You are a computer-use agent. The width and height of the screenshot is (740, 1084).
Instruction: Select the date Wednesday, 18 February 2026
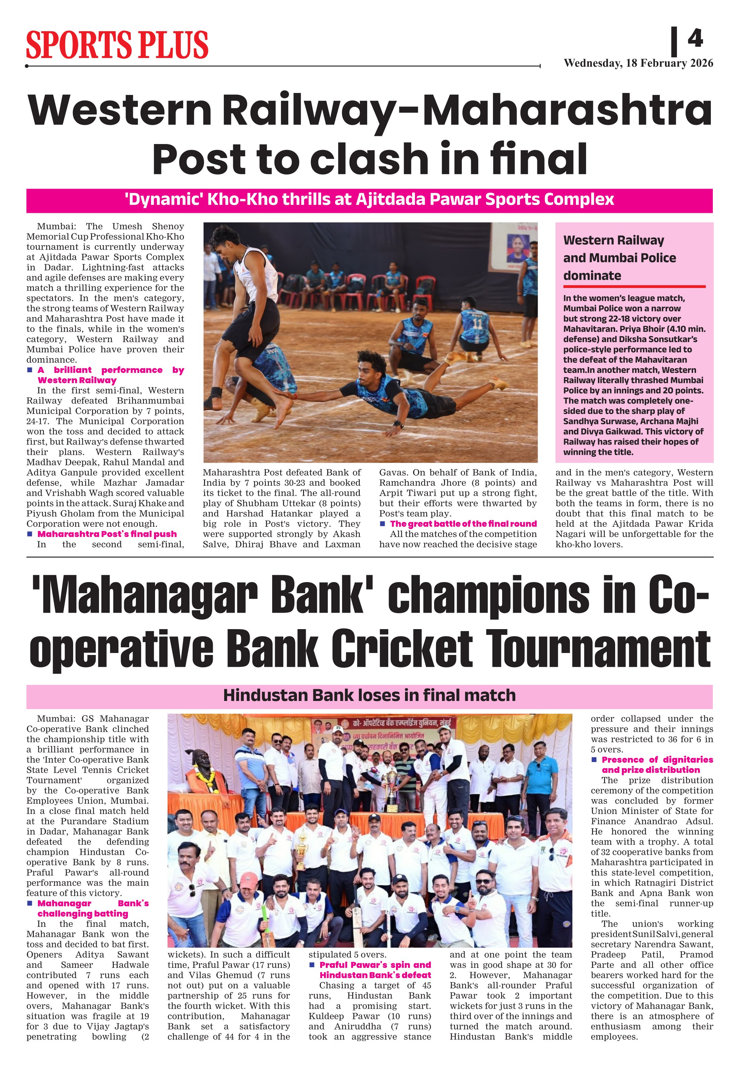tap(638, 63)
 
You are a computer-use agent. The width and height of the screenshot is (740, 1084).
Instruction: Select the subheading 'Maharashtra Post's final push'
tap(107, 534)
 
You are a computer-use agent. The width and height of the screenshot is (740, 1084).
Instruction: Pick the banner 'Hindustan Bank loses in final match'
tap(369, 696)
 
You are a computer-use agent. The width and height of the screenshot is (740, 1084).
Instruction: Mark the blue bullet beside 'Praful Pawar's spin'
tap(312, 964)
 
